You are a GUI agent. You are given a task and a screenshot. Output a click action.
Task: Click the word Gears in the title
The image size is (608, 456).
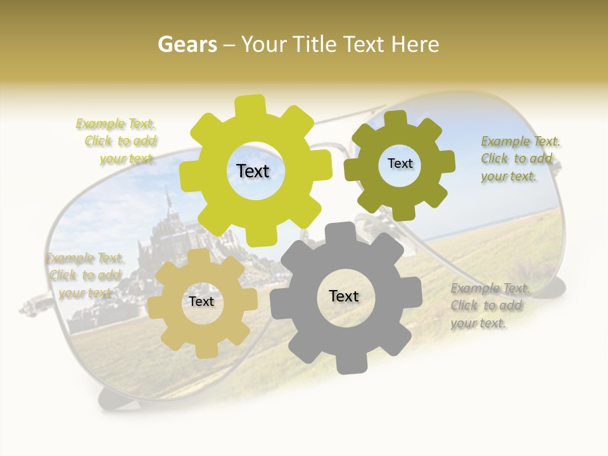click(x=187, y=44)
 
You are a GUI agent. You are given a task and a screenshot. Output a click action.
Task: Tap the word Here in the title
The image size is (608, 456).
click(x=414, y=44)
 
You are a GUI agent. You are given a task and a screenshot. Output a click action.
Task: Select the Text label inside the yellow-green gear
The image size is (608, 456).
click(x=253, y=171)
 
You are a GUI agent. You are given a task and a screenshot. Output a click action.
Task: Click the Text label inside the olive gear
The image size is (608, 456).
click(x=400, y=163)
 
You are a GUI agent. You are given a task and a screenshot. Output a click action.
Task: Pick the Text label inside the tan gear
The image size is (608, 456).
click(x=201, y=302)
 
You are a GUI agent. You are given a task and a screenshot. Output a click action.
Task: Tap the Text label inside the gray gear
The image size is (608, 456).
click(x=344, y=296)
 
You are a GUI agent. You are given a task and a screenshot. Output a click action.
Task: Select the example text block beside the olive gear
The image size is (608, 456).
click(x=519, y=158)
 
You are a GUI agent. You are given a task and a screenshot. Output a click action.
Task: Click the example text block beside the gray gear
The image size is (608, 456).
click(x=489, y=305)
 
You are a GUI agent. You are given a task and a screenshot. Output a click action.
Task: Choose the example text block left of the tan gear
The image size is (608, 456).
click(x=85, y=275)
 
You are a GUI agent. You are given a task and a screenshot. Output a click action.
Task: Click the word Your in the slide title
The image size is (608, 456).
click(x=267, y=44)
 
